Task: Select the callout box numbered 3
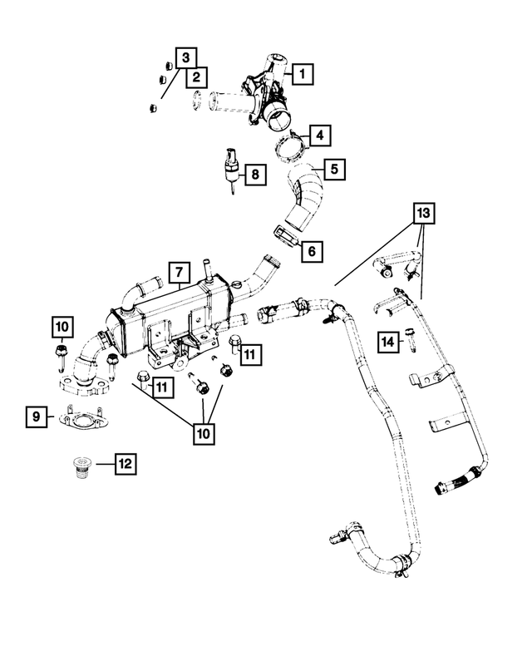tap(185, 57)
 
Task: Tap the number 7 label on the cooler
tap(176, 272)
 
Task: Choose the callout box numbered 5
tap(335, 170)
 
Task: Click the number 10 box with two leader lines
tap(204, 433)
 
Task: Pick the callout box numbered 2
tap(196, 78)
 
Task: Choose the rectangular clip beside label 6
tap(284, 236)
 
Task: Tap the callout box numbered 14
tap(387, 341)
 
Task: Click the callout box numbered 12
tap(125, 463)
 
